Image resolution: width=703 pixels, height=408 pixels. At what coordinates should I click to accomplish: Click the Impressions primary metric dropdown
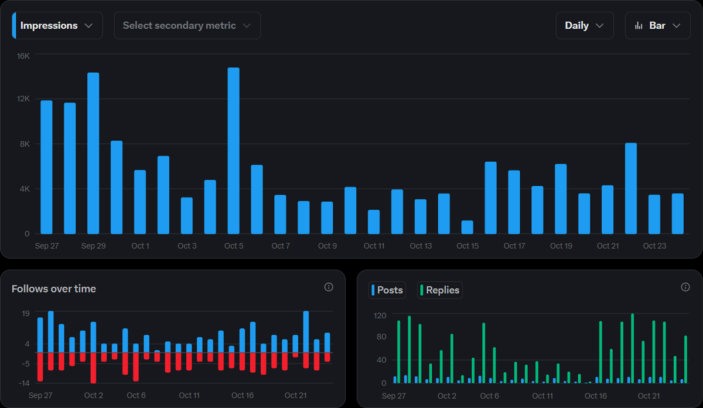point(57,26)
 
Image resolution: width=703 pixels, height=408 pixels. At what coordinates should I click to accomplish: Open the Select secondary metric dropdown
point(187,26)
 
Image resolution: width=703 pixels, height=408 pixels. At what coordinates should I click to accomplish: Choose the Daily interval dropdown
point(584,26)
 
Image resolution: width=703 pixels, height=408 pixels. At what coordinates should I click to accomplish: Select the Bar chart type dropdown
point(657,26)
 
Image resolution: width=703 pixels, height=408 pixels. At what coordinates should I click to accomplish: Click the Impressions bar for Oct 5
point(234,151)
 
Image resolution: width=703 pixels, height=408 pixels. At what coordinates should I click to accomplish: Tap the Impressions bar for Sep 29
point(93,153)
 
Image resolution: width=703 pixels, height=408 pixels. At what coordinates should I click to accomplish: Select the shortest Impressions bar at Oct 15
point(467,227)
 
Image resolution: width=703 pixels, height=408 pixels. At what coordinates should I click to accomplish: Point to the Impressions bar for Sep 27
point(46,167)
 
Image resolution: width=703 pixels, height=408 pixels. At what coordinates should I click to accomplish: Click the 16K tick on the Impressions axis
point(23,56)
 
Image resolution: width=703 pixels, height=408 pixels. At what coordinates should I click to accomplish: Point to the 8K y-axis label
point(23,144)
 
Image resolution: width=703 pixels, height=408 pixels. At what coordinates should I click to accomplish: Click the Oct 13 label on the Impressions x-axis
point(421,246)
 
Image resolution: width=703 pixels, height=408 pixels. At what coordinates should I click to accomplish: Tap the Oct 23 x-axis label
point(654,246)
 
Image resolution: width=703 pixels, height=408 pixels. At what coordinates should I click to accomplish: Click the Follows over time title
point(54,288)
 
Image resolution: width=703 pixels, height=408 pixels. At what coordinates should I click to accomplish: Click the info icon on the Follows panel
point(329,287)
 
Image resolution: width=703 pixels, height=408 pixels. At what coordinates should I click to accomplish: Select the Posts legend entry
point(387,290)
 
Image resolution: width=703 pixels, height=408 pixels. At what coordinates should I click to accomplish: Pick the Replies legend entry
point(439,290)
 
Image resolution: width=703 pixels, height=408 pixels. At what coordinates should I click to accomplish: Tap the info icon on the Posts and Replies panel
point(685,287)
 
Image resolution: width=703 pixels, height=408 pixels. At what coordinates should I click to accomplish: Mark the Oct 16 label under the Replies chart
point(595,396)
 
